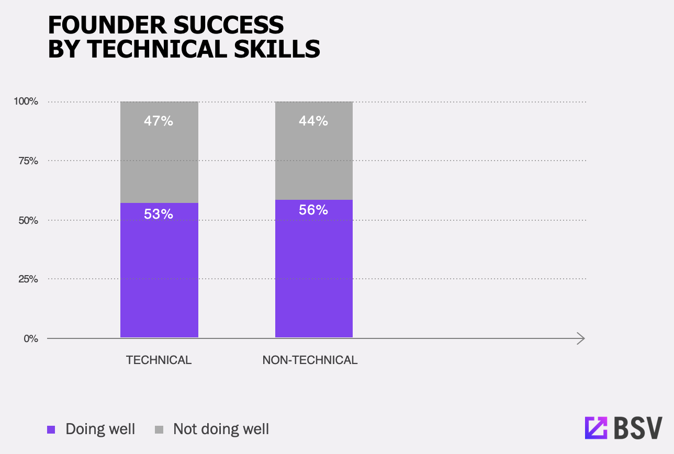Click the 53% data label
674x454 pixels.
[x=159, y=214]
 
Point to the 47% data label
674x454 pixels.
[x=159, y=121]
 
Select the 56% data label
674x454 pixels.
[x=313, y=210]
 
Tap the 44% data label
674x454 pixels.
[x=313, y=121]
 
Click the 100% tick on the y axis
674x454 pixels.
[x=26, y=101]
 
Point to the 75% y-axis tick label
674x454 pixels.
[x=28, y=161]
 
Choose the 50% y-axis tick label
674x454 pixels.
[x=28, y=220]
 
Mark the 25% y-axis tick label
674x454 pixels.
[x=28, y=279]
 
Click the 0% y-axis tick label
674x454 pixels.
[x=31, y=339]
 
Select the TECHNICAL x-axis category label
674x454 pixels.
[x=159, y=360]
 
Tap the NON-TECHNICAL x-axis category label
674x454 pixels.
[x=310, y=360]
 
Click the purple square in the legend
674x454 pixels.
[x=51, y=429]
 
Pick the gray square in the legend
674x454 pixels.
[x=159, y=429]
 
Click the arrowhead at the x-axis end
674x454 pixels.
[x=580, y=338]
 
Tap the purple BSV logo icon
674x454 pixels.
[x=596, y=428]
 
